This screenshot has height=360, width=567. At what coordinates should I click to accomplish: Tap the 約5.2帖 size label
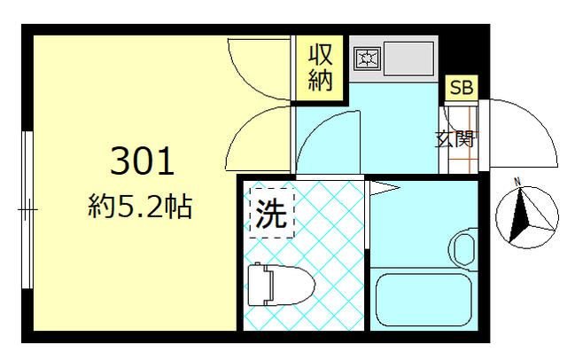141,209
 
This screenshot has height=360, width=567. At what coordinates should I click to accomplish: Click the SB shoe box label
461,88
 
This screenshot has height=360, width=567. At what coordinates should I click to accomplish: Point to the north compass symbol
522,215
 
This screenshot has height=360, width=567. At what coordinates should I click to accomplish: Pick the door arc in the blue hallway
328,142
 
